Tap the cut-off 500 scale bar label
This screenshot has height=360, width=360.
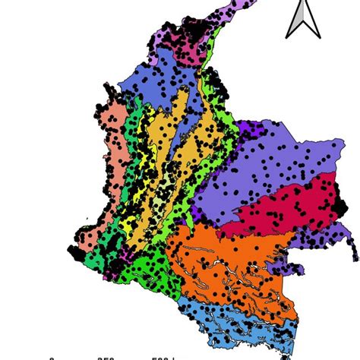tap(161, 357)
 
